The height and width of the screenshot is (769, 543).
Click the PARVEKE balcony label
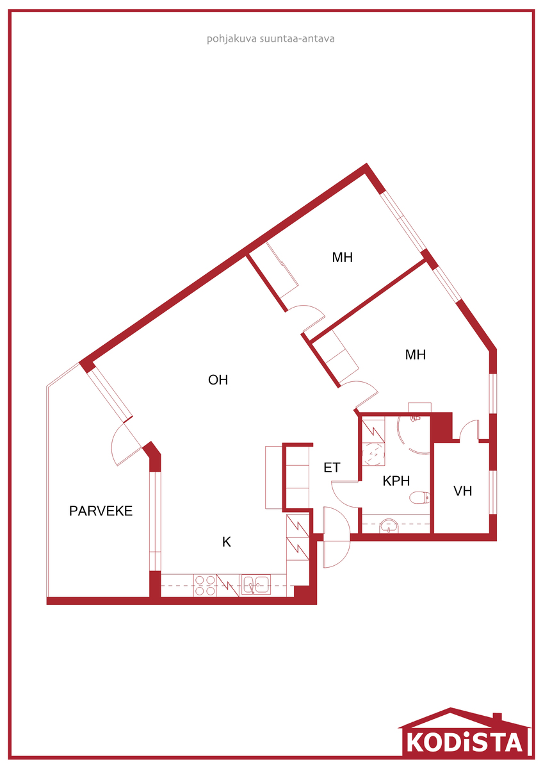point(101,511)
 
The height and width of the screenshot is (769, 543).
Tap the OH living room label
point(218,379)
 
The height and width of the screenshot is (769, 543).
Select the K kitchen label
point(227,542)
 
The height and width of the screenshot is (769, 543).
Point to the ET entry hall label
point(332,468)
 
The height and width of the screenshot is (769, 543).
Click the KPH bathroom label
point(396,481)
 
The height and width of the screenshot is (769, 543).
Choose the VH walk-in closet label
point(463,491)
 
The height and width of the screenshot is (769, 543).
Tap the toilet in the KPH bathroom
point(419,497)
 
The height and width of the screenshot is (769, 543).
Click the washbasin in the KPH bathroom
point(389,525)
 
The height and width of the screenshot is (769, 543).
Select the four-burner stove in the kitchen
point(205,585)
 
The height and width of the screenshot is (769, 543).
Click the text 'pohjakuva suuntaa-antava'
point(271,39)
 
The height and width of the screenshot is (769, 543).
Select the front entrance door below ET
point(337,537)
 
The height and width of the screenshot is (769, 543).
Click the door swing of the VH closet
point(468,429)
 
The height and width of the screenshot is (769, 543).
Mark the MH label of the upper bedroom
point(343,258)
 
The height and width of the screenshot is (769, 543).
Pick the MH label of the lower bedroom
point(416,354)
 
